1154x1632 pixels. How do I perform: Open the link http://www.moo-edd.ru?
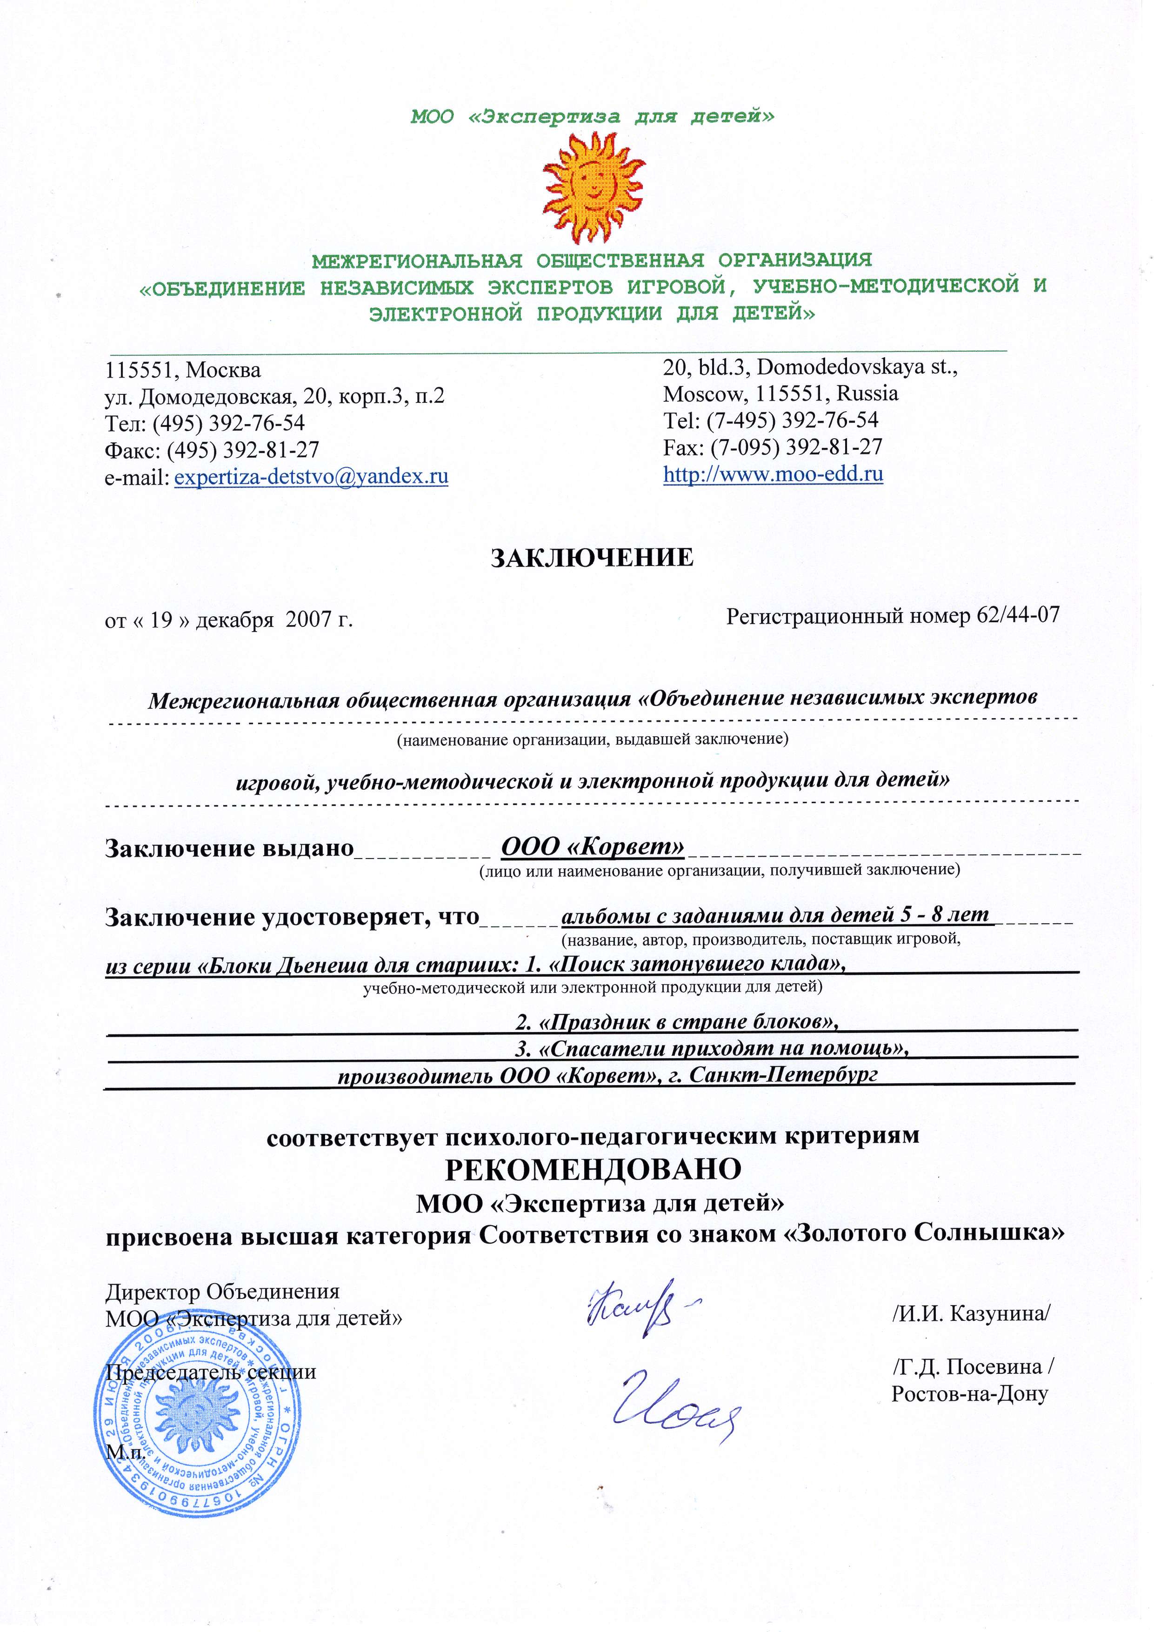773,473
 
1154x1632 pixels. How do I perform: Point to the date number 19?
161,620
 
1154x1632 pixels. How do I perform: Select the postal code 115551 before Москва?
141,370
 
